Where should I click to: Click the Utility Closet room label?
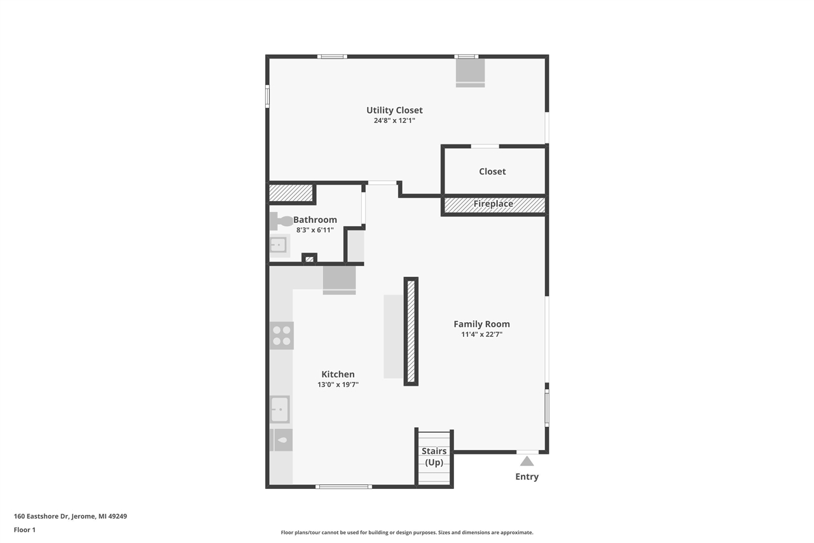click(x=394, y=110)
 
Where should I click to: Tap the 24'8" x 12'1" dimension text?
click(x=394, y=120)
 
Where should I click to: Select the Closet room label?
click(x=492, y=171)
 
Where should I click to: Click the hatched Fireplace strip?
click(x=493, y=204)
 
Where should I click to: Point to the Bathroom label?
click(x=315, y=220)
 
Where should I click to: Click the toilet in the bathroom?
click(x=281, y=221)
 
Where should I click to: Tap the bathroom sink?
click(x=278, y=245)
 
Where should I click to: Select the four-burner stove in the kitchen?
click(x=281, y=335)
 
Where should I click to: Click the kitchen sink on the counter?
click(x=280, y=409)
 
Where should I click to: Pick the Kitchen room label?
click(x=338, y=374)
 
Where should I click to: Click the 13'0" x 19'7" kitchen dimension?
click(x=338, y=384)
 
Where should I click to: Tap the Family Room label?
click(x=481, y=324)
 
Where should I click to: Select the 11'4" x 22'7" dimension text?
click(x=481, y=334)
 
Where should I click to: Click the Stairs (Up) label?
click(x=434, y=456)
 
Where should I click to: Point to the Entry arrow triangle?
click(x=527, y=462)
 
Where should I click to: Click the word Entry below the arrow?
click(x=527, y=477)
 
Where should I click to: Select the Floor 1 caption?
click(x=25, y=530)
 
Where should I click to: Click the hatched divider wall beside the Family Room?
click(x=411, y=331)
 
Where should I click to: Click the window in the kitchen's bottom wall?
click(x=343, y=486)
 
